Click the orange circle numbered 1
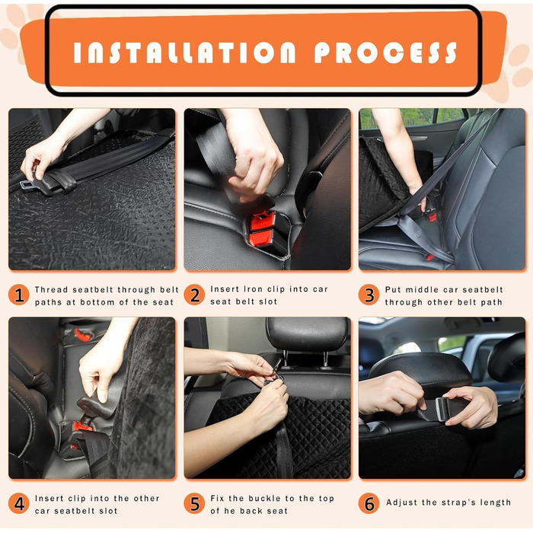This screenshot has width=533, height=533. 19,295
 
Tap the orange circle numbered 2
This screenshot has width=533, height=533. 194,295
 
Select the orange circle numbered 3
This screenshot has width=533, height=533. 369,295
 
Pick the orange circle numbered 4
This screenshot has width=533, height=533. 19,503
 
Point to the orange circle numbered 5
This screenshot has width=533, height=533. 194,503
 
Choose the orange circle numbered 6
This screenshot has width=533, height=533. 369,503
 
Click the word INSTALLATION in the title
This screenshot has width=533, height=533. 184,53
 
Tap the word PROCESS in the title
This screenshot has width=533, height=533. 385,53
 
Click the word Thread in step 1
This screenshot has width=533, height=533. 51,289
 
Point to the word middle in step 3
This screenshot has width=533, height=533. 422,289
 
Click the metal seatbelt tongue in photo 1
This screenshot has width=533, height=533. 27,186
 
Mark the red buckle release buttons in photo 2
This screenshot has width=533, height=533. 263,229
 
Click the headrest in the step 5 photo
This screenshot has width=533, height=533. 307,335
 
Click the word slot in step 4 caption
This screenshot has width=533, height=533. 107,511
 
